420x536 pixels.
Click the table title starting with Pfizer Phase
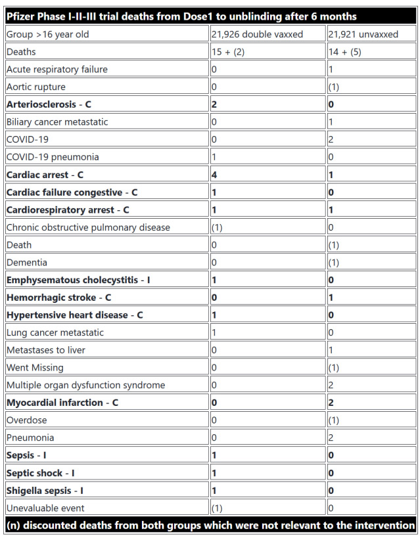[x=181, y=16]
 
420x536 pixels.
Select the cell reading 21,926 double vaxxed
[x=257, y=33]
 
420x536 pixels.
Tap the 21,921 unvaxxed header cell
[x=364, y=33]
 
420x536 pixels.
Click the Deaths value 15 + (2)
[x=228, y=51]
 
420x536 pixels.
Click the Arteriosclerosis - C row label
[x=49, y=104]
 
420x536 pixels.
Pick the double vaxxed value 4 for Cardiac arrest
[x=214, y=175]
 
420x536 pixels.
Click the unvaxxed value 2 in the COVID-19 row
[x=333, y=139]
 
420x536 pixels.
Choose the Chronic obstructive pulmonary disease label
[x=88, y=227]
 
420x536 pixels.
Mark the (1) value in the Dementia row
[x=336, y=262]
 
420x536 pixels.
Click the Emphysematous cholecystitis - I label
[x=78, y=280]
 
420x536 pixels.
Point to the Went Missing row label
[x=35, y=367]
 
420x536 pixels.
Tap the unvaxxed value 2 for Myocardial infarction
[x=333, y=403]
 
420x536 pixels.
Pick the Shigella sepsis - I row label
[x=45, y=490]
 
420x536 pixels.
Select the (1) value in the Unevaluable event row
[x=218, y=508]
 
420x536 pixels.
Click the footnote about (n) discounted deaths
[x=210, y=525]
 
